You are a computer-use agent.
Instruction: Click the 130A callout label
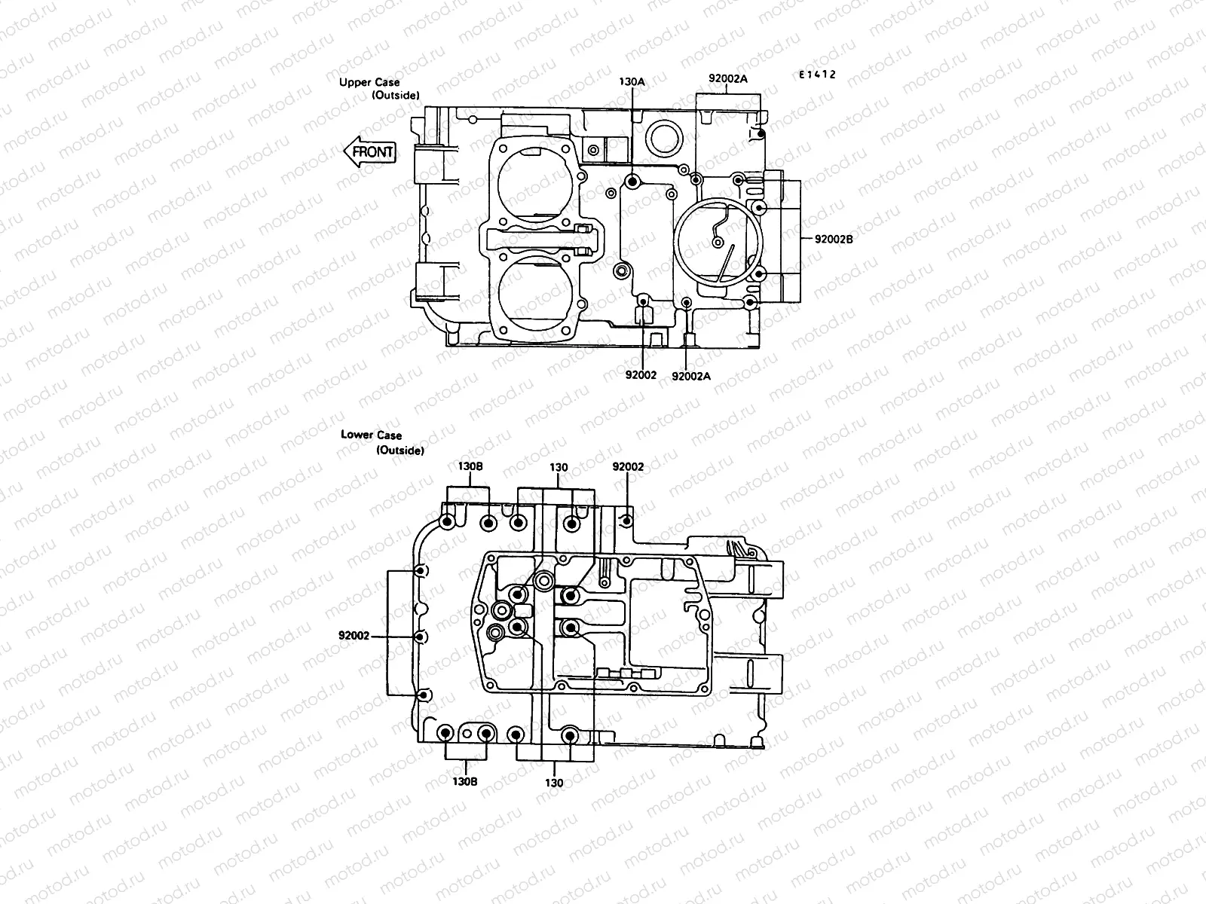[x=632, y=81]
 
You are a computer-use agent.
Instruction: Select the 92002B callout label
[x=834, y=239]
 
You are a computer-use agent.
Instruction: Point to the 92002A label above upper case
[x=727, y=78]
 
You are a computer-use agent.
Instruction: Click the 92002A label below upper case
[x=691, y=375]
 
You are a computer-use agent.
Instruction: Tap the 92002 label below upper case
[x=641, y=375]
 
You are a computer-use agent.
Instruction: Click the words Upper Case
[x=370, y=82]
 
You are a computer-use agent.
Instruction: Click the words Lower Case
[x=371, y=435]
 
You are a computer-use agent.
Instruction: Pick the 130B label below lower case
[x=465, y=781]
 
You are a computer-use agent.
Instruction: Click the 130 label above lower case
[x=559, y=467]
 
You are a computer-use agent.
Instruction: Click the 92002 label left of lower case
[x=354, y=636]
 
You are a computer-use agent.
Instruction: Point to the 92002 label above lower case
[x=628, y=467]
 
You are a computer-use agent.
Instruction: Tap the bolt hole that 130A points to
[x=632, y=182]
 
